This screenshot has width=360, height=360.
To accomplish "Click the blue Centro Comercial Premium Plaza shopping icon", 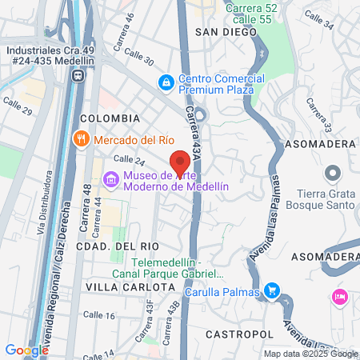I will [x=166, y=81].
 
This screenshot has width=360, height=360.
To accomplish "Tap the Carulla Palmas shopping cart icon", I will [x=272, y=290].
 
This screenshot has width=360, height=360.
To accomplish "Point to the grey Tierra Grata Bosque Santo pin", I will [x=332, y=173].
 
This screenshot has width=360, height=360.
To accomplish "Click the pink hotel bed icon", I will [x=338, y=297].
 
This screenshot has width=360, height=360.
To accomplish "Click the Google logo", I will [x=26, y=350].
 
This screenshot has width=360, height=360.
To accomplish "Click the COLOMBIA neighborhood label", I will [x=110, y=118].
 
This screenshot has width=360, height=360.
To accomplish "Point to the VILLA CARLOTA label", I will [x=130, y=286].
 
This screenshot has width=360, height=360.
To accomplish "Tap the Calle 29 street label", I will [x=18, y=106].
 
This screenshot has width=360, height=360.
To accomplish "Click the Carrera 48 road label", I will [x=84, y=215].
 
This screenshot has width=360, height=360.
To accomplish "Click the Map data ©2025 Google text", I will [x=310, y=354].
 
